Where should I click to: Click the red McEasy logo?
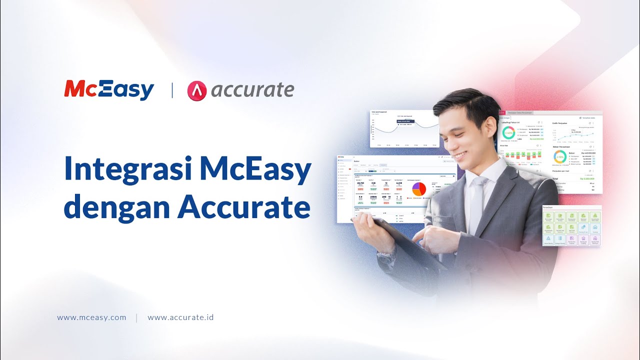coord(109,90)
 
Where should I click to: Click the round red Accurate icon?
coord(197,90)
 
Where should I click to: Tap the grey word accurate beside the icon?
coord(252,90)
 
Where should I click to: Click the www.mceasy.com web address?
coord(91,317)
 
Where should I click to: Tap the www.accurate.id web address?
coord(180,317)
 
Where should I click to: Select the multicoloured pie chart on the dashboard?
coord(418,189)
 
